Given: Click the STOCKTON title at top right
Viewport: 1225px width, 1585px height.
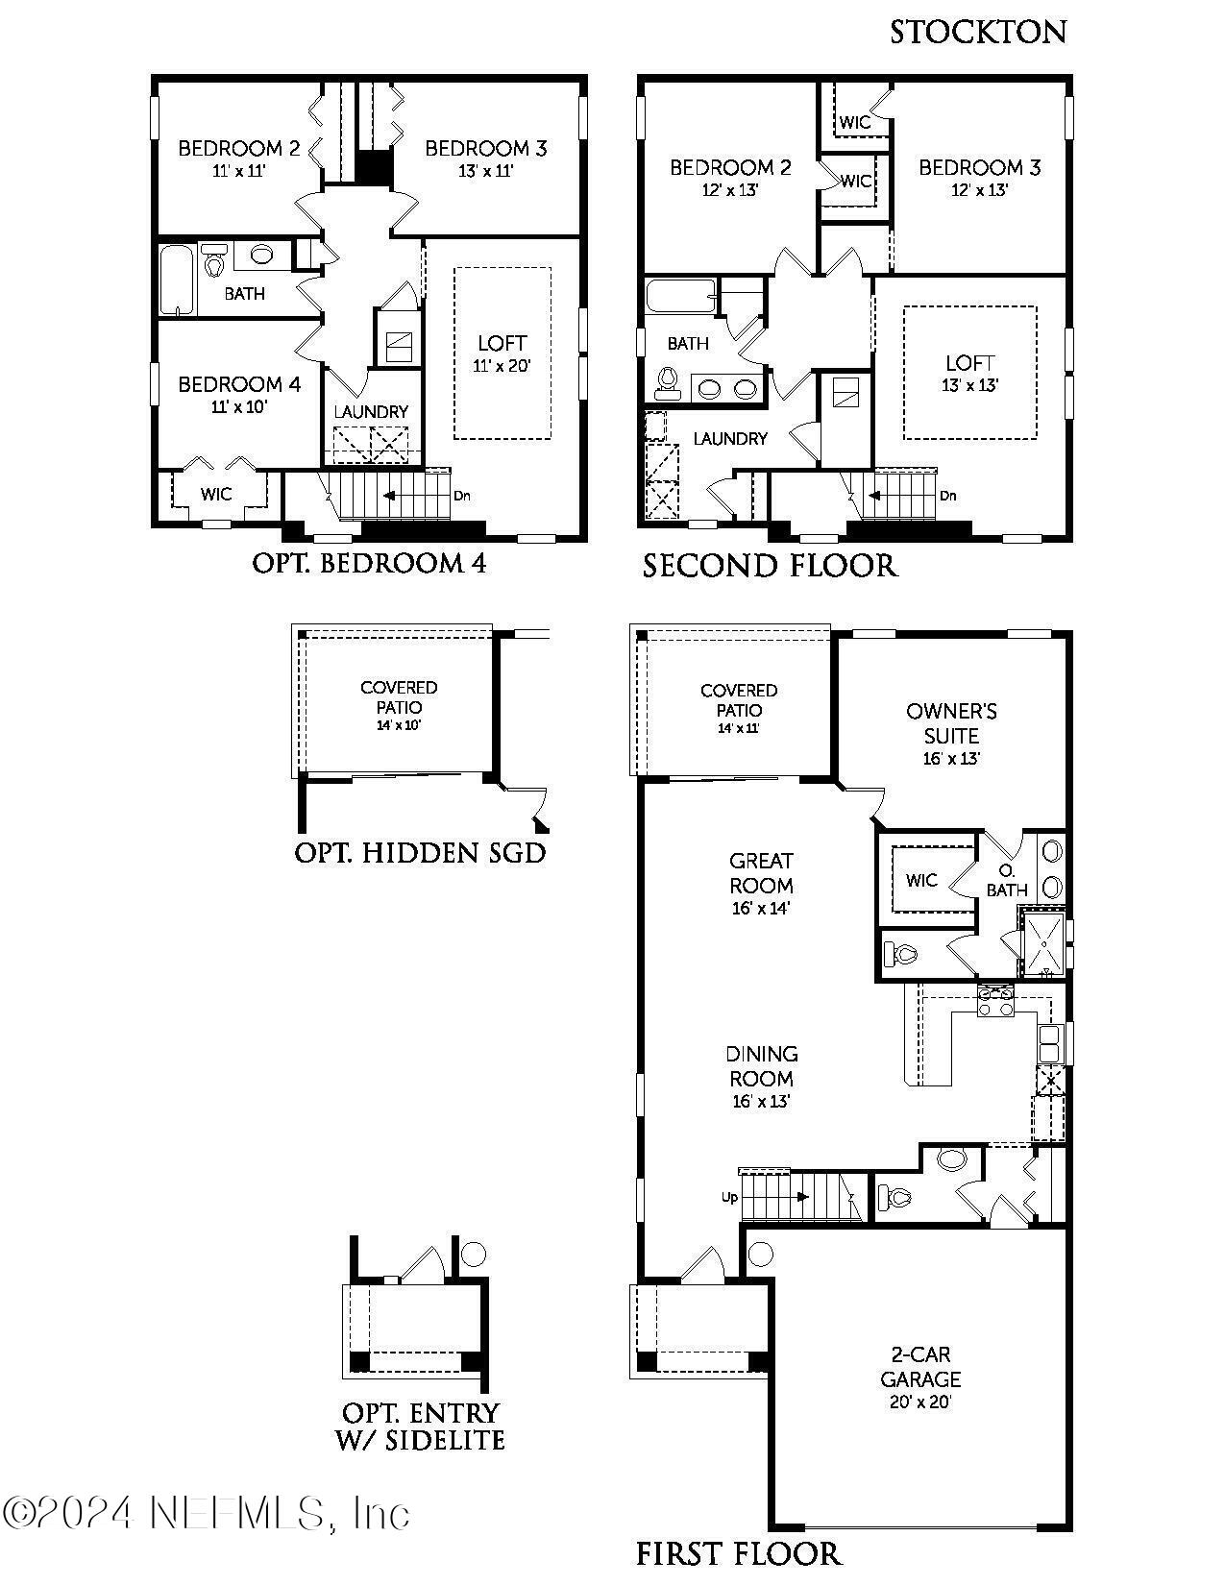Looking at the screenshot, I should pyautogui.click(x=977, y=32).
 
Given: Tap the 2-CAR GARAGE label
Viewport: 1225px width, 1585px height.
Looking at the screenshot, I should pyautogui.click(x=919, y=1367).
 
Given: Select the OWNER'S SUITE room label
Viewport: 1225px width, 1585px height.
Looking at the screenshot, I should pyautogui.click(x=950, y=723).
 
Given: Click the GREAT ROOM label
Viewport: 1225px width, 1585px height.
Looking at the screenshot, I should pyautogui.click(x=761, y=872).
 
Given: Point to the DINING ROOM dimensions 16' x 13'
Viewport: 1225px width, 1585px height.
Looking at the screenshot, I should pyautogui.click(x=761, y=1102).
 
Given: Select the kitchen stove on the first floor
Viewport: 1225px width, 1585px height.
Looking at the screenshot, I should pyautogui.click(x=995, y=1001).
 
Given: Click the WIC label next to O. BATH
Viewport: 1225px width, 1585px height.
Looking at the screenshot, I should pyautogui.click(x=920, y=880).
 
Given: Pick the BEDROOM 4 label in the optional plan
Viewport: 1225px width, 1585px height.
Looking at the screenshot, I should pyautogui.click(x=239, y=384).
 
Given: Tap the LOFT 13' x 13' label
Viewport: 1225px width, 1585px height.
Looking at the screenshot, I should pyautogui.click(x=969, y=373).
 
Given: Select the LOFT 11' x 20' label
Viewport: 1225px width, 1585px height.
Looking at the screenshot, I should pyautogui.click(x=502, y=353).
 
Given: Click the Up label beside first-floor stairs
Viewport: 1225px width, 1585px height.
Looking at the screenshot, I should pyautogui.click(x=729, y=1198).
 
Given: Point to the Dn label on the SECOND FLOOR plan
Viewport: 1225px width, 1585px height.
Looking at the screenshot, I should pyautogui.click(x=947, y=496).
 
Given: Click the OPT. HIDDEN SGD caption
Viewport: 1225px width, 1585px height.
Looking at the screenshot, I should pyautogui.click(x=420, y=852).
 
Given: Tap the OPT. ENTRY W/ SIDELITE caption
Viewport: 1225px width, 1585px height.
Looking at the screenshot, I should pyautogui.click(x=422, y=1426).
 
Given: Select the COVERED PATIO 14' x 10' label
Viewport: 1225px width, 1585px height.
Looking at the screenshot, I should pyautogui.click(x=399, y=705).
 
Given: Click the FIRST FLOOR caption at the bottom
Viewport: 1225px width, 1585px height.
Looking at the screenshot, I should pyautogui.click(x=738, y=1552).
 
